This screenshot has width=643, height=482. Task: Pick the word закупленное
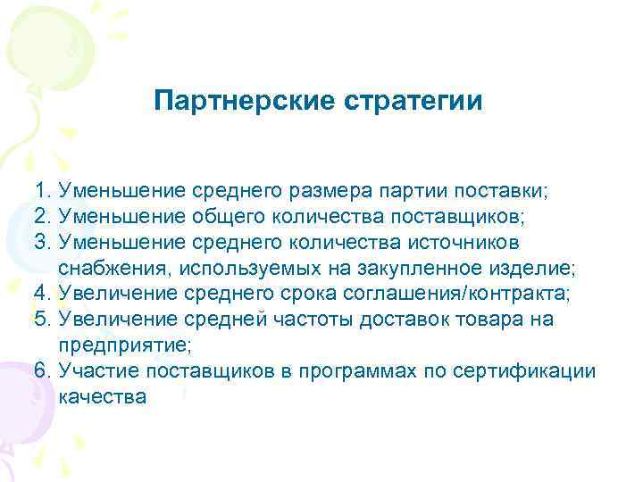tap(428, 269)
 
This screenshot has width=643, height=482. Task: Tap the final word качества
tap(101, 397)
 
